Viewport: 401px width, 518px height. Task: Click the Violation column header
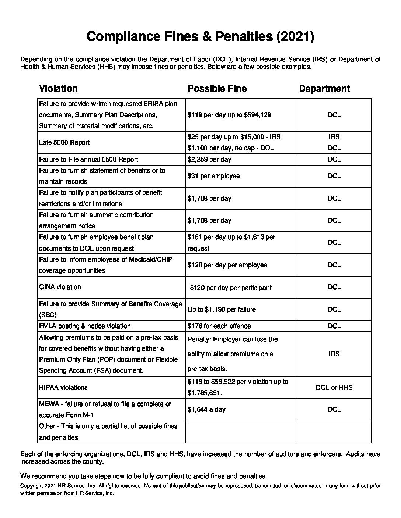[x=58, y=89]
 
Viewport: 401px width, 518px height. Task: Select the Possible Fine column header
[x=217, y=89]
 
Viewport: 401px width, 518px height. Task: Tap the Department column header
[x=324, y=89]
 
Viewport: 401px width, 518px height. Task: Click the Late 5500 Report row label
[x=64, y=142]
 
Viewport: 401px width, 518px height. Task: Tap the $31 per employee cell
[x=213, y=176]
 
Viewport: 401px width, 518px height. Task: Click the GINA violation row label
[x=60, y=287]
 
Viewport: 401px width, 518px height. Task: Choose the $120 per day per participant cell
[x=231, y=288]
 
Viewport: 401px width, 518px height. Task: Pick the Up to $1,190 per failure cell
[x=222, y=309]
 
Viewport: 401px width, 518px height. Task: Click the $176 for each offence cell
[x=219, y=326]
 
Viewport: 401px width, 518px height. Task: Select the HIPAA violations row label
[x=63, y=387]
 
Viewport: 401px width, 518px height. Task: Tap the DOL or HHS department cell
[x=334, y=387]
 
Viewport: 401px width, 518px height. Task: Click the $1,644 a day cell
[x=206, y=409]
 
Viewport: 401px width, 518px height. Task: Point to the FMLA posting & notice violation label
[x=85, y=326]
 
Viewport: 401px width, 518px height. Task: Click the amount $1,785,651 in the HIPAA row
[x=204, y=393]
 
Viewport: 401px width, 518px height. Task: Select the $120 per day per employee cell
[x=227, y=265]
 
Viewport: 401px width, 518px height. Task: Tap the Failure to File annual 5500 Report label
[x=88, y=159]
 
